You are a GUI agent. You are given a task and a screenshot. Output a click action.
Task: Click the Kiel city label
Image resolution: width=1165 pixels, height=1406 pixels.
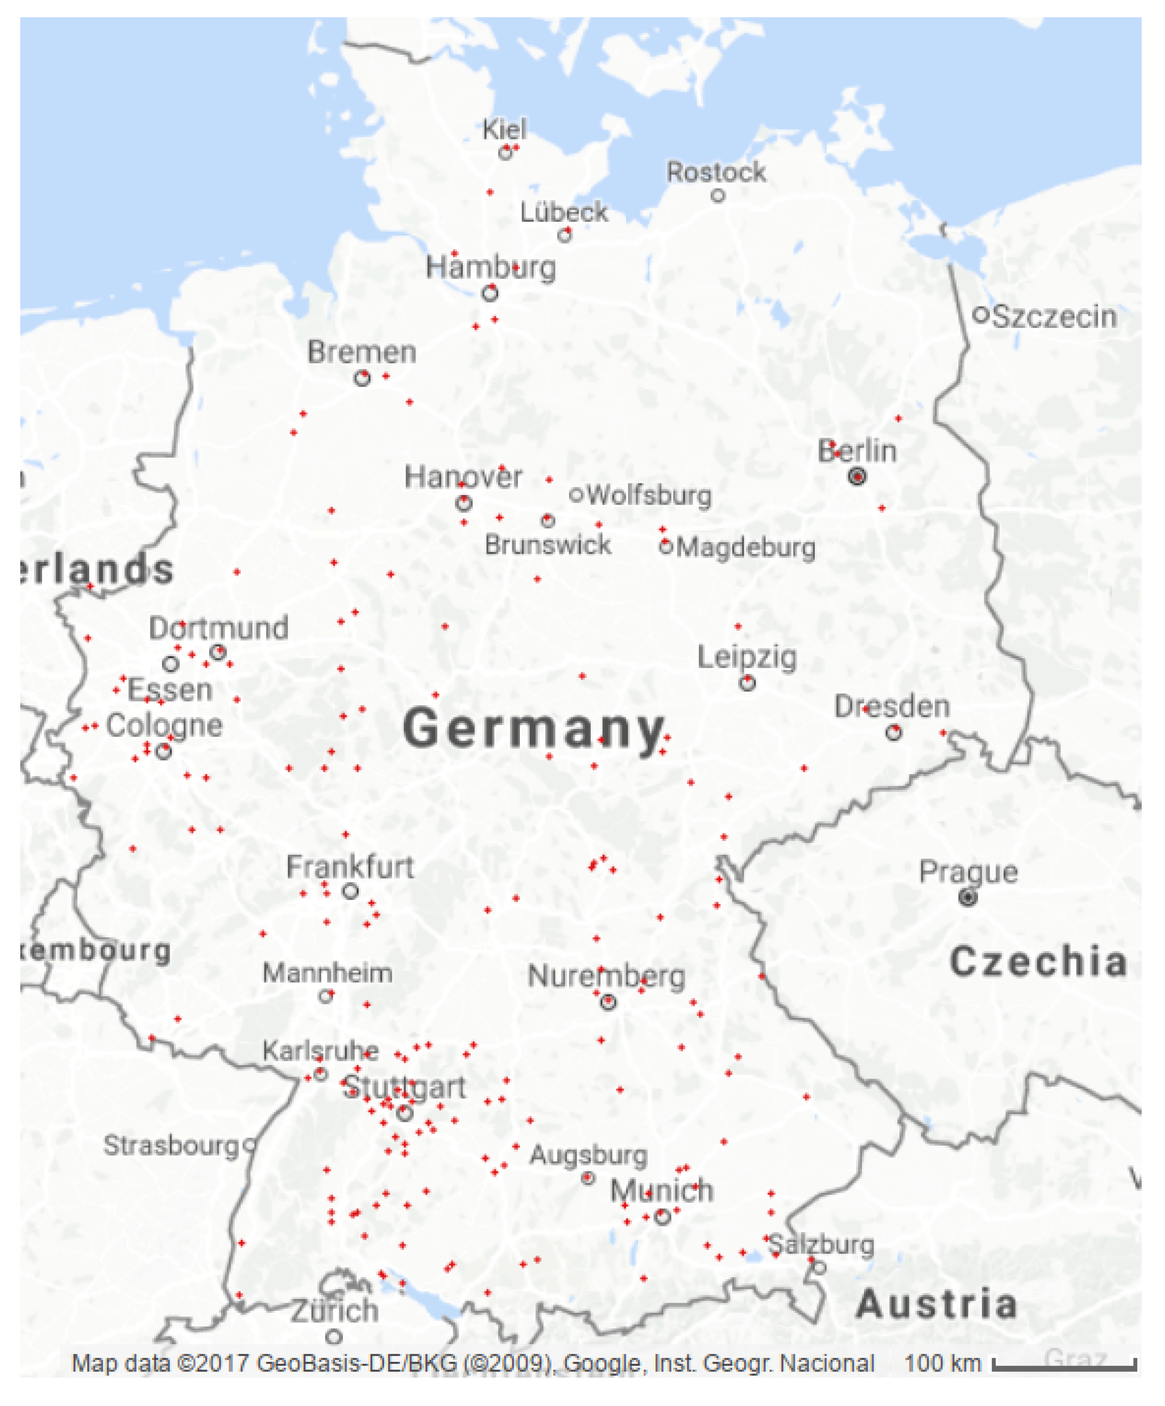[504, 129]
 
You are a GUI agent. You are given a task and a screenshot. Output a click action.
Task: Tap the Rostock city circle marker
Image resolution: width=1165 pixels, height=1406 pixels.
[718, 196]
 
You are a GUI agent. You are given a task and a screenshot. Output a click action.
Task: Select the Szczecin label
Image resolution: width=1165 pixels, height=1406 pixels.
[1054, 317]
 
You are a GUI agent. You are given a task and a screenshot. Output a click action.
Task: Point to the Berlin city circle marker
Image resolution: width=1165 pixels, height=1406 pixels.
[857, 477]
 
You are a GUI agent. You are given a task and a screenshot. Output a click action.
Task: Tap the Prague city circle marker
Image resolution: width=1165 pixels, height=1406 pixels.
[967, 897]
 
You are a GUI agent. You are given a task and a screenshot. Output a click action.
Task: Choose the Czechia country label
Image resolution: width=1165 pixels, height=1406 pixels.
[1038, 962]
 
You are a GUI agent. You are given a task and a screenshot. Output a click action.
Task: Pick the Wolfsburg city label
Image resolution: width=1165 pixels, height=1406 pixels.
[649, 496]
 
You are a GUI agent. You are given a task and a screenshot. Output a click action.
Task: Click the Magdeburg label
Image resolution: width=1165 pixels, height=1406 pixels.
[745, 548]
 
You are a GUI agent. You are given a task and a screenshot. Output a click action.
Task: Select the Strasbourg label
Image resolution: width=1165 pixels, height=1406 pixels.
[171, 1146]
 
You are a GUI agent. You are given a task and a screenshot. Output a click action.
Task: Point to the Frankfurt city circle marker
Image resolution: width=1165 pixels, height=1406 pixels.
[350, 891]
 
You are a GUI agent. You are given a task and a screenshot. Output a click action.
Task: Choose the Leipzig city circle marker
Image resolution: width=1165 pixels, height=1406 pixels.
[747, 683]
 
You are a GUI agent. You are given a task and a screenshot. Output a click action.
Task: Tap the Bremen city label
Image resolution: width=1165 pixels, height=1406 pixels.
[361, 352]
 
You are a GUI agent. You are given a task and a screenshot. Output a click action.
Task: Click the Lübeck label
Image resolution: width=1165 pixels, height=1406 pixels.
[564, 212]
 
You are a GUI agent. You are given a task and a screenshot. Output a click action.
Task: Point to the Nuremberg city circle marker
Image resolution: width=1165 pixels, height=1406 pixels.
[607, 1002]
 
